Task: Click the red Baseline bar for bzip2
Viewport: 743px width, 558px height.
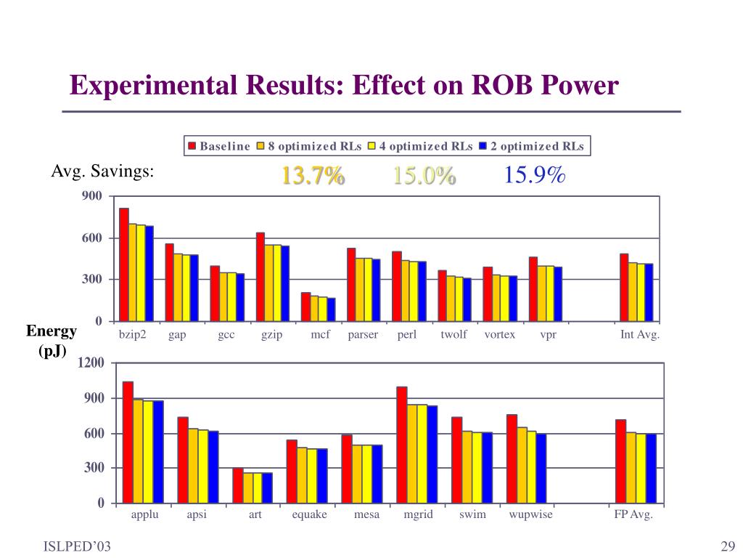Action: click(x=124, y=264)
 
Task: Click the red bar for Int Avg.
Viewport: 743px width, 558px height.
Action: click(x=624, y=287)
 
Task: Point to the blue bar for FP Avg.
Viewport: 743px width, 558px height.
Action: click(x=651, y=469)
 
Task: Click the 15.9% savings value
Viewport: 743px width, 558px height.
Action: click(x=535, y=175)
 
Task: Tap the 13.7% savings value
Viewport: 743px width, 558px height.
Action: click(x=313, y=175)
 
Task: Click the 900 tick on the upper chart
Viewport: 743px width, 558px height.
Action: click(x=92, y=196)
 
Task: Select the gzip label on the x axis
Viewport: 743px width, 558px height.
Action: click(x=271, y=335)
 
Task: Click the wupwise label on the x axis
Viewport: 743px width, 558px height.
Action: click(x=530, y=514)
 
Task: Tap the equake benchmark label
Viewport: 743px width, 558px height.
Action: click(x=309, y=514)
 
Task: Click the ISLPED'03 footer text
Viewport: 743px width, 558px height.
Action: click(x=77, y=546)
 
